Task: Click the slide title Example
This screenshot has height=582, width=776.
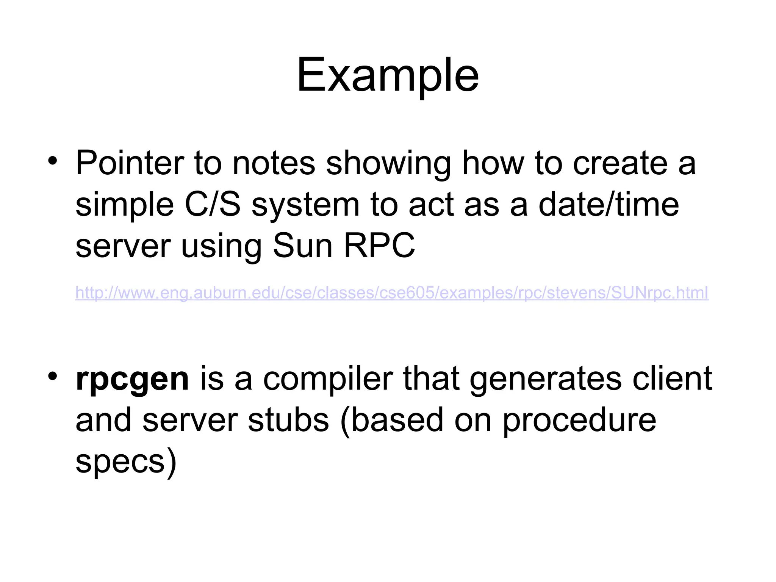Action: (388, 75)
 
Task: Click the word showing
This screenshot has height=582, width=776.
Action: (388, 164)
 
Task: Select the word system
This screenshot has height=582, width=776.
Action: (305, 205)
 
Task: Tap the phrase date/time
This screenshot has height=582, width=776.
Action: (609, 205)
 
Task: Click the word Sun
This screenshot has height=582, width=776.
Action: (303, 246)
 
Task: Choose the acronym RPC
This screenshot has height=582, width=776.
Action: (379, 246)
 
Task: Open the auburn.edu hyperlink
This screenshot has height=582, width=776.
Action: (392, 293)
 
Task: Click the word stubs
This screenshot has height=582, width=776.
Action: (289, 420)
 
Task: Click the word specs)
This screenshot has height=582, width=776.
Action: (126, 462)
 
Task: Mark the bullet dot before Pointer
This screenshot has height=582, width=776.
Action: (53, 161)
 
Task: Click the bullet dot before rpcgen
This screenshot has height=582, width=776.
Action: (53, 376)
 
